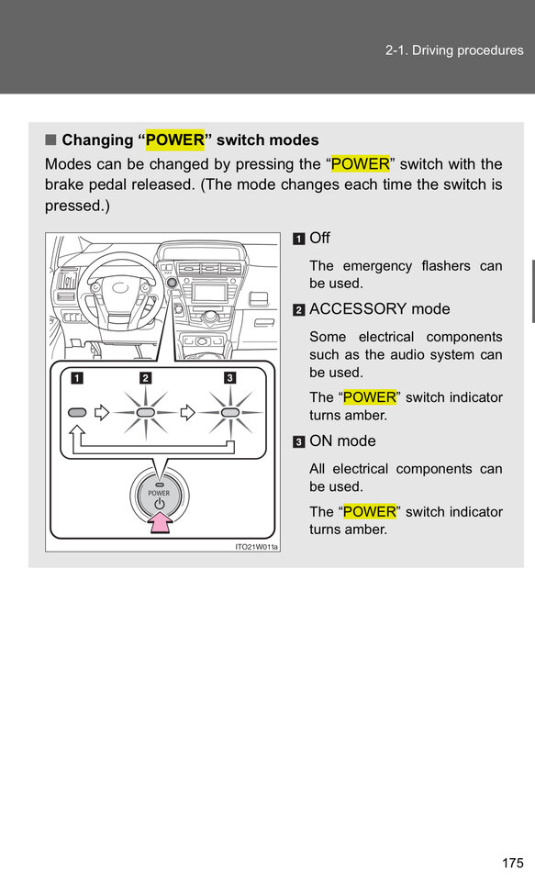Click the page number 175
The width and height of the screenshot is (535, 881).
point(513,863)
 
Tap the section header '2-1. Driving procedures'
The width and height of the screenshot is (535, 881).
point(454,50)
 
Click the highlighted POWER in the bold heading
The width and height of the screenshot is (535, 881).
point(175,139)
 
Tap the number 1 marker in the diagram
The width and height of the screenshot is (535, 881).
point(76,377)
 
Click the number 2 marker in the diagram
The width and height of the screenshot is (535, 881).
point(146,377)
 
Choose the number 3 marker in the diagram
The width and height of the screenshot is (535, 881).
point(229,377)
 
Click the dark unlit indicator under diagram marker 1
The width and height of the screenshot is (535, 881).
point(77,413)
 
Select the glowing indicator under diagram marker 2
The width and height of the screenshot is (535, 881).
point(146,413)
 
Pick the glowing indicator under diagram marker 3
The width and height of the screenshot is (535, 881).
point(229,413)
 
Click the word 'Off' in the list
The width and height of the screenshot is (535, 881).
point(319,239)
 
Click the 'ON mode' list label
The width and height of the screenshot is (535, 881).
point(343,441)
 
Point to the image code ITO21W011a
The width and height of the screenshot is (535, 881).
point(257,547)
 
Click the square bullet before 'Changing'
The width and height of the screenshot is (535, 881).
point(51,139)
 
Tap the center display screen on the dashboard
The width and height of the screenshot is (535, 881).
point(209,292)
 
